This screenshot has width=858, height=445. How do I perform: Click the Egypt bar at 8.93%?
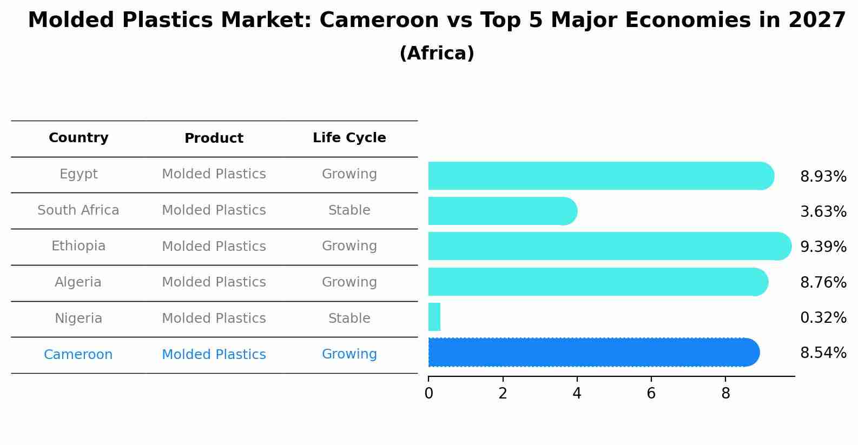coord(600,176)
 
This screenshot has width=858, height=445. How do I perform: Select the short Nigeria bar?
coord(434,317)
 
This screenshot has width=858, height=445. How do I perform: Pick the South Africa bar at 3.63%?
coord(502,211)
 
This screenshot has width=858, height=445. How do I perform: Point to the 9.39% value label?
coord(823,247)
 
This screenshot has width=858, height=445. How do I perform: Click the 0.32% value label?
coord(823,318)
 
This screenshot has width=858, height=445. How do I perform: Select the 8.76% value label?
coord(823,283)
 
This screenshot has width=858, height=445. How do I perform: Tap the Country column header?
coord(78,138)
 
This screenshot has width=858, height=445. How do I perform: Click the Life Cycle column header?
coord(349,138)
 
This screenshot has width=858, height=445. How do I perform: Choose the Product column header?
coord(214,138)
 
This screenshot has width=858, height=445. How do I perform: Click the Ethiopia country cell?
coord(78,246)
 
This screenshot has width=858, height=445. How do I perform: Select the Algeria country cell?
coord(78,282)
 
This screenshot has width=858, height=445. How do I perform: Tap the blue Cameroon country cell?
coord(78,355)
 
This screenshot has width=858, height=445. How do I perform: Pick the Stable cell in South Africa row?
coord(349,210)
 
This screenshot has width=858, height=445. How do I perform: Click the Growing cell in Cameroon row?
coord(349,354)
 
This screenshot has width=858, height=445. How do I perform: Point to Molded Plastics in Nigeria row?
coord(214,318)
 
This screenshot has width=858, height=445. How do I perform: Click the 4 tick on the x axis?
coord(577,394)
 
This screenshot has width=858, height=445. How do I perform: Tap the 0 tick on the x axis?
coord(428,394)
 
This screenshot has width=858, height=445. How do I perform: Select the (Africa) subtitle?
coord(437,54)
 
